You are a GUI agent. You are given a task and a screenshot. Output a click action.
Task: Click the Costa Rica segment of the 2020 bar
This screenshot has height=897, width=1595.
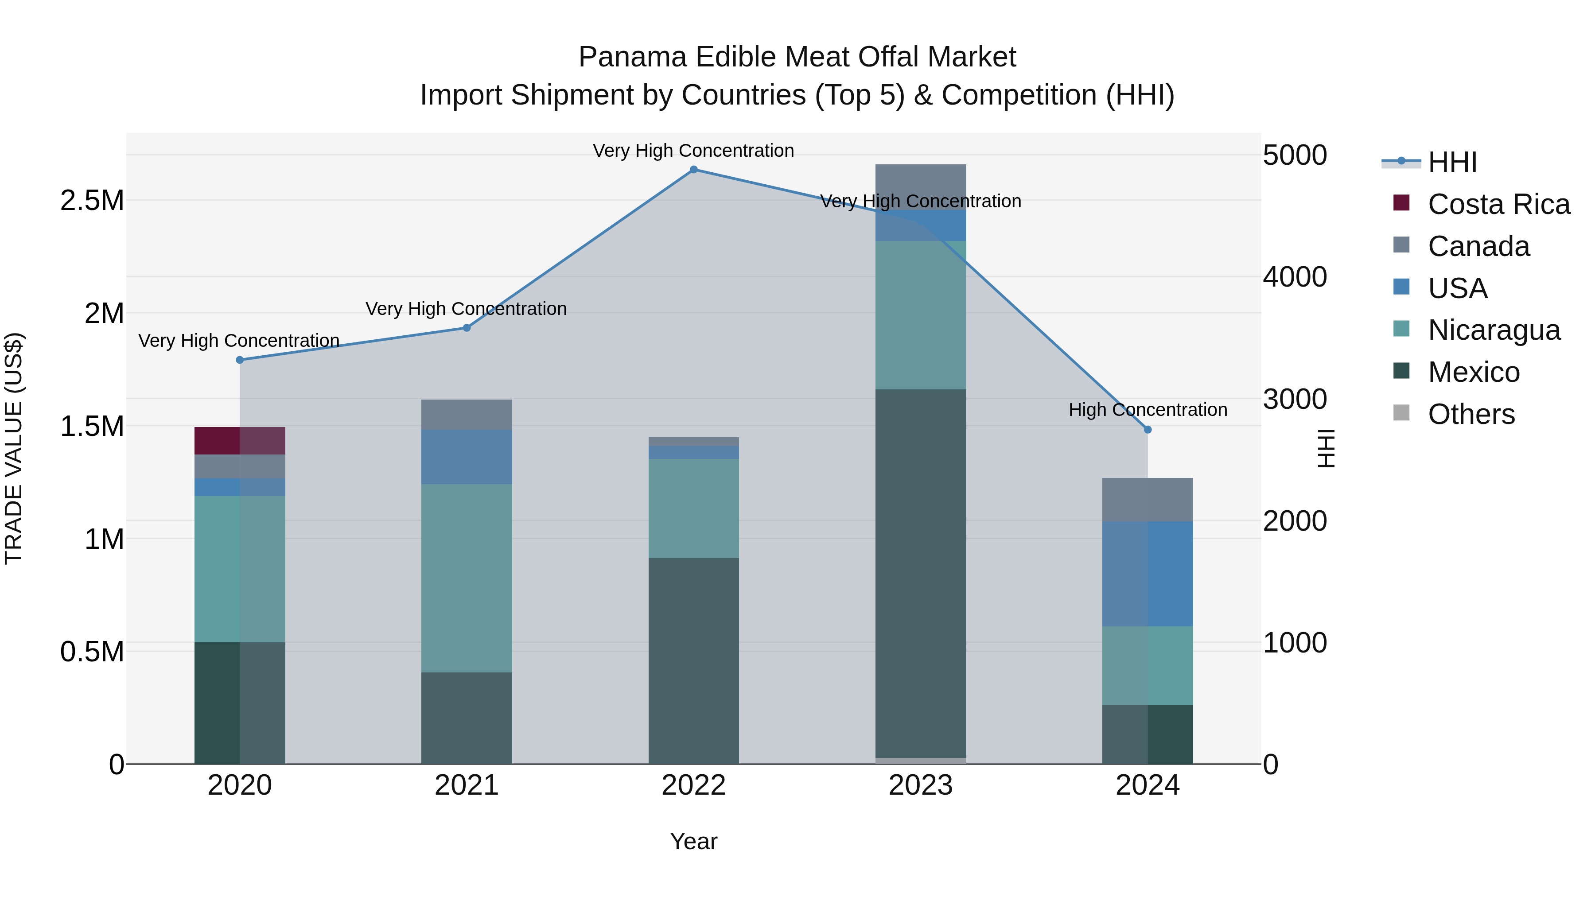[240, 440]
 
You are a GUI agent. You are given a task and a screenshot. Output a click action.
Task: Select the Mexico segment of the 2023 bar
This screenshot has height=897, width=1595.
[920, 573]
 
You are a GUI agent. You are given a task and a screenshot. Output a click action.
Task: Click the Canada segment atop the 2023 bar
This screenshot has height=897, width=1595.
[920, 186]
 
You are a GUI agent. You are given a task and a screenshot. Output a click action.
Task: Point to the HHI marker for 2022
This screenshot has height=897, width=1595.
[693, 170]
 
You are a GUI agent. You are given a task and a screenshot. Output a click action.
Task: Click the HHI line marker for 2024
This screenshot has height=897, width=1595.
[1148, 430]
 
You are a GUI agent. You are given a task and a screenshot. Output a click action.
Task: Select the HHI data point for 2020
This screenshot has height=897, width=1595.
[240, 360]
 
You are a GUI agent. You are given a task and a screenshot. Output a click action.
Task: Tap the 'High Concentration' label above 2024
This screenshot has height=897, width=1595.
[1148, 410]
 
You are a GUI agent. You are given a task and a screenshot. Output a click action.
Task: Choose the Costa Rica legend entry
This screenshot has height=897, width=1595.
[1498, 204]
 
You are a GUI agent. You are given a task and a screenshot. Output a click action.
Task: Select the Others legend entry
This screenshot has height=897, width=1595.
[1471, 414]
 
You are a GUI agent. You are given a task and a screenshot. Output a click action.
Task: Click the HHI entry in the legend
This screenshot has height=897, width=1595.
[1452, 162]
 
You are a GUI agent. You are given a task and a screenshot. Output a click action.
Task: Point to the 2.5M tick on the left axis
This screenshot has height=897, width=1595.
[92, 201]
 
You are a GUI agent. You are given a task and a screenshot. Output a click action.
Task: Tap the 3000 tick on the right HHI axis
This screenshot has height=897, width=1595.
[1295, 399]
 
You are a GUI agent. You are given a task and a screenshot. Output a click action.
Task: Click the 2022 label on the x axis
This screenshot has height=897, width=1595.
[693, 785]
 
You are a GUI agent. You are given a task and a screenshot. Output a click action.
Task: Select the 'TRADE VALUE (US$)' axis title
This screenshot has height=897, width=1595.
[14, 448]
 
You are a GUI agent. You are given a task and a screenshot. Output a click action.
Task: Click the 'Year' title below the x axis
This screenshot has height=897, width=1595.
[693, 841]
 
